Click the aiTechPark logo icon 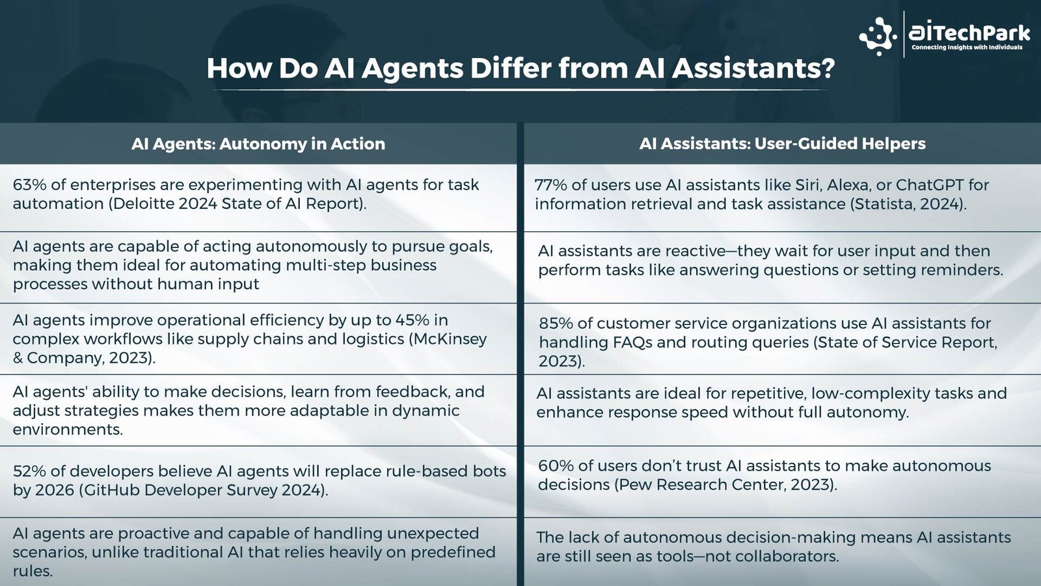[x=878, y=36]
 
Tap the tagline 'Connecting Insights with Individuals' [x=967, y=48]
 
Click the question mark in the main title [x=825, y=68]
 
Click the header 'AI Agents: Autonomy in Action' [x=258, y=144]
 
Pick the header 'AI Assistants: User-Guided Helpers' [x=782, y=144]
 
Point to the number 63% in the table [x=30, y=185]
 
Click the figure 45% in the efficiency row [x=412, y=320]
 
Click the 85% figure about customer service [x=556, y=323]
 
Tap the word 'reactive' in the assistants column [x=696, y=251]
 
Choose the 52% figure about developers [x=29, y=471]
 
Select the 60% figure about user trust [x=556, y=466]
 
